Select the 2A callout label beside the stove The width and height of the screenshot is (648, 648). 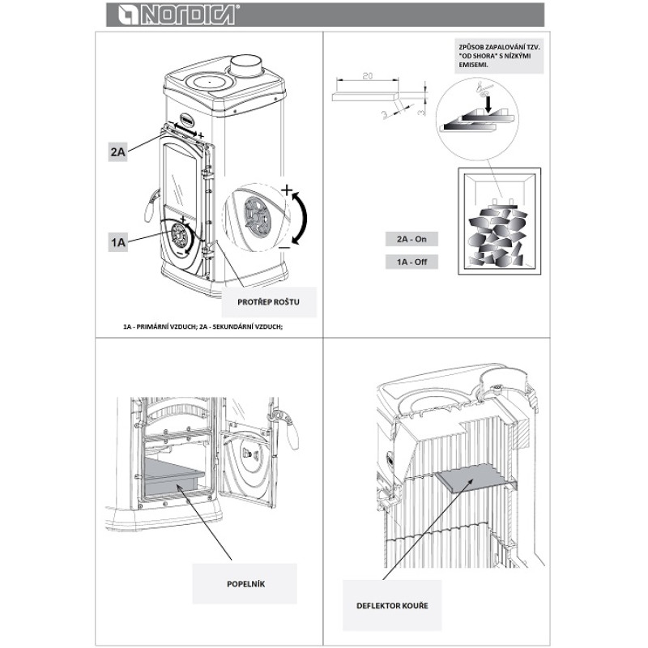117,151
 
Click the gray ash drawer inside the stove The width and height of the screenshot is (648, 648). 173,474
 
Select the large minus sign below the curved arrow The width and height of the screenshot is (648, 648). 283,245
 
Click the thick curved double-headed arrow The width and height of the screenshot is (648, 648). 302,217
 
